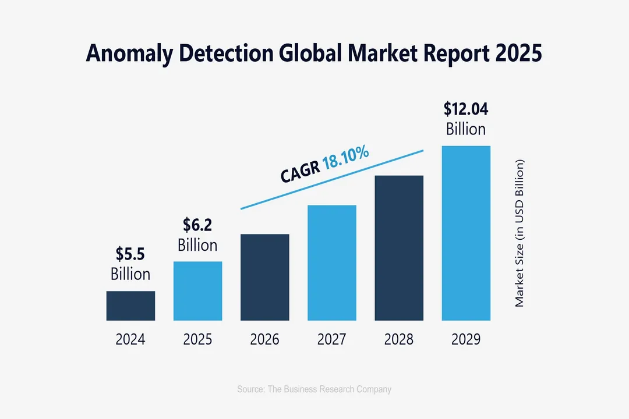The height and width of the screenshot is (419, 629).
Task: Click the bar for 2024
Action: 130,306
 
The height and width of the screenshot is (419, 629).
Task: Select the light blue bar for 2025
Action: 197,290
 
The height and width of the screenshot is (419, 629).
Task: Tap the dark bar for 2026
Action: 265,277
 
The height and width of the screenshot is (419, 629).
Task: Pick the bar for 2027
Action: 332,262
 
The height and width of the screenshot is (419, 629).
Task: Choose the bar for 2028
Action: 399,248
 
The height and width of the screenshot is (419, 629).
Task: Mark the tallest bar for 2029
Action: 466,233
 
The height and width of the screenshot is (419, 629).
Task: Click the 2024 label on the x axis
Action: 130,339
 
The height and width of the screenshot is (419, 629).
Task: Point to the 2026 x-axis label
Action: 265,339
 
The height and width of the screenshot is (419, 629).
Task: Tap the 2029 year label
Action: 466,339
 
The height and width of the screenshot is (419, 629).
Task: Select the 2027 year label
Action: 332,339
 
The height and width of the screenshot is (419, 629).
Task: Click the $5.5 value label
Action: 130,254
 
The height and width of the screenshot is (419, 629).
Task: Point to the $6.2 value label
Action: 197,225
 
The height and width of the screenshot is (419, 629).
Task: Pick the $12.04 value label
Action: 466,109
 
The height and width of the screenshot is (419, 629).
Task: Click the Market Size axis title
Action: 520,233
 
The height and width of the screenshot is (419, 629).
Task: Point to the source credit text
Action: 314,389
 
